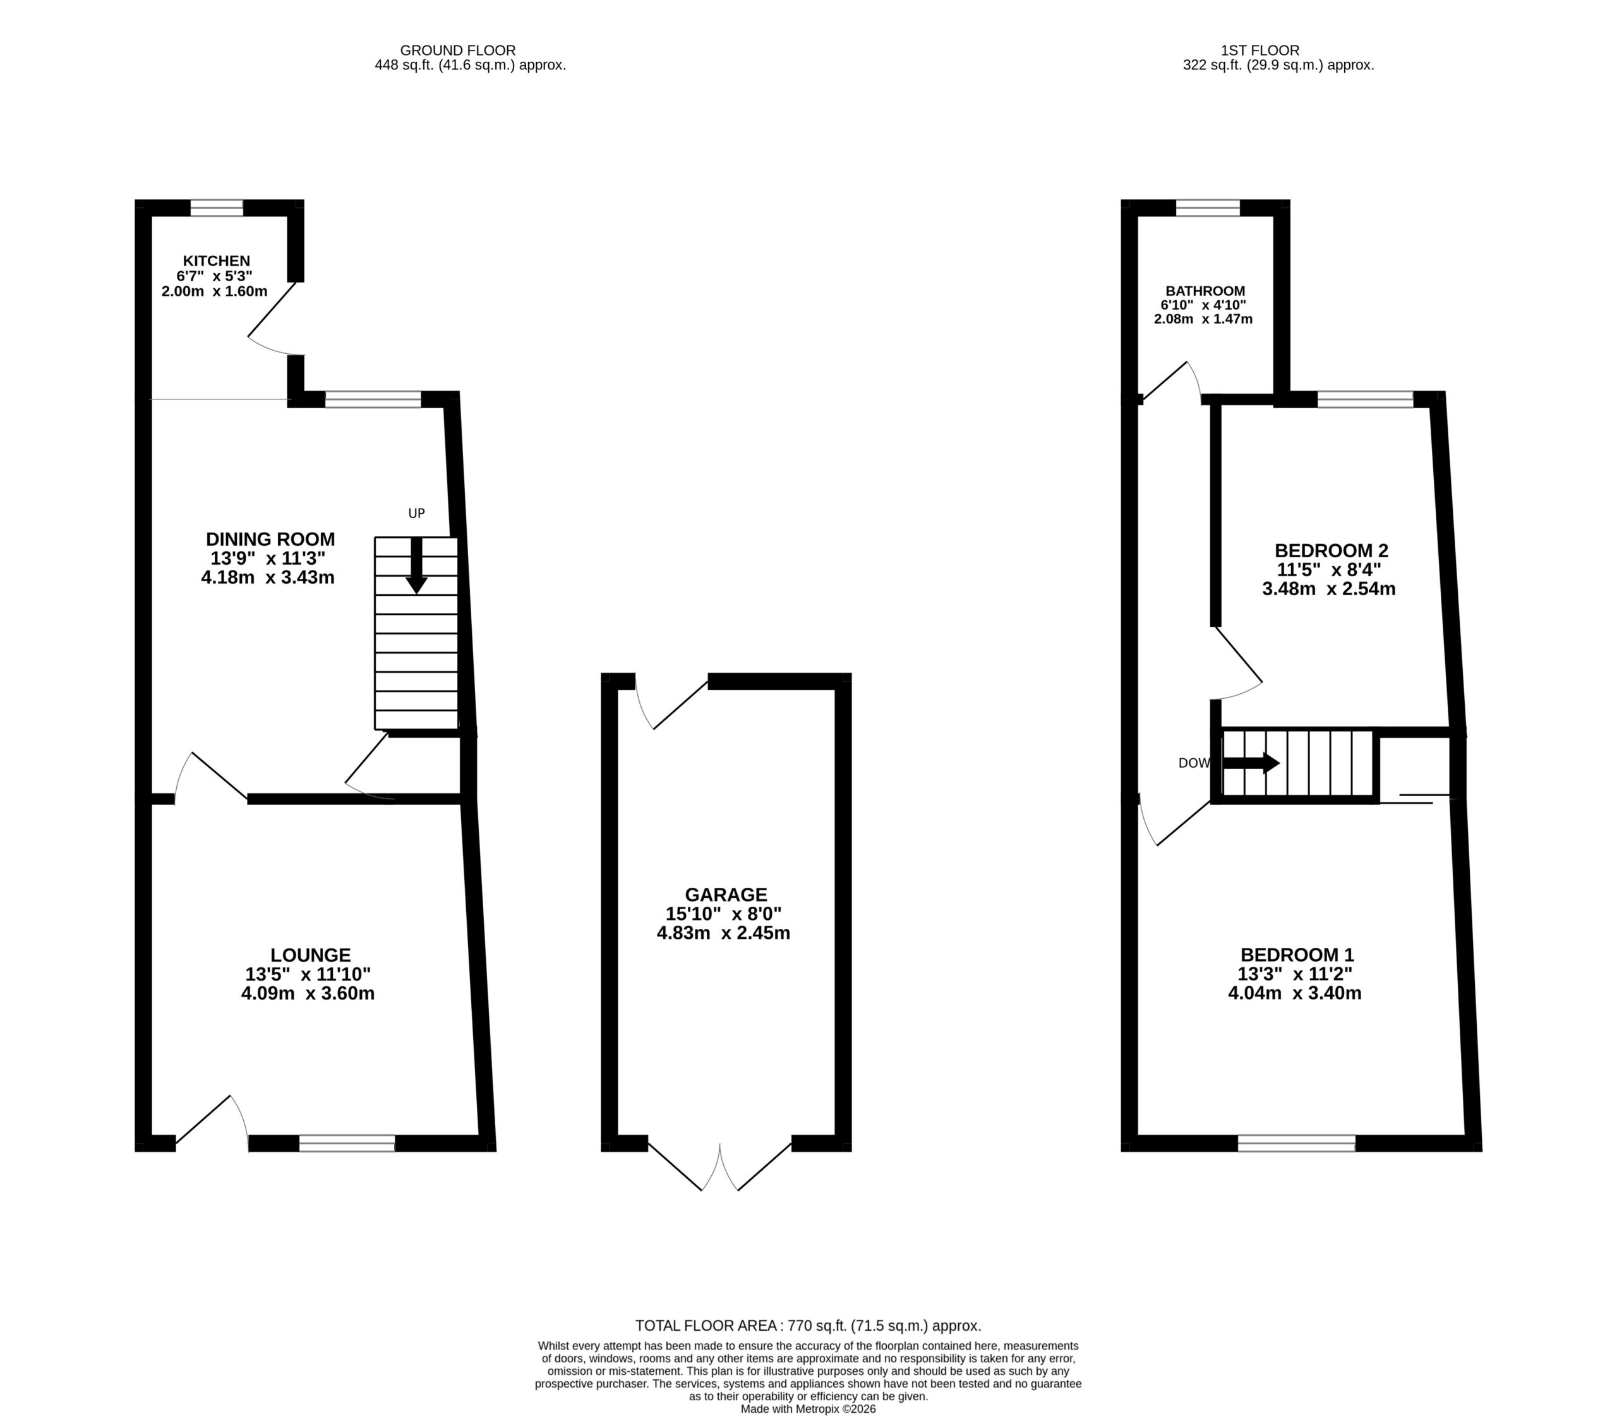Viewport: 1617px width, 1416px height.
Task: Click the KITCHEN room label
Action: click(x=217, y=261)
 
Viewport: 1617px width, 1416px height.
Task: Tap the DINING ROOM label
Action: click(x=270, y=539)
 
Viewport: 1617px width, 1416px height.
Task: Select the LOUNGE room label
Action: click(x=310, y=955)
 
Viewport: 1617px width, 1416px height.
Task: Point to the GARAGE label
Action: click(x=725, y=895)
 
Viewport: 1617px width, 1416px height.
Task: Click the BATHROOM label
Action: click(x=1205, y=291)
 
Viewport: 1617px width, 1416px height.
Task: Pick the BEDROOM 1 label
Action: click(x=1296, y=955)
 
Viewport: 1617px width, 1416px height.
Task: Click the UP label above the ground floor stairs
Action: click(x=416, y=514)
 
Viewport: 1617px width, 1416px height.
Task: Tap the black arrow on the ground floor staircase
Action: click(x=416, y=566)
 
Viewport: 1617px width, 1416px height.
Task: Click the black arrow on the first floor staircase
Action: click(x=1251, y=763)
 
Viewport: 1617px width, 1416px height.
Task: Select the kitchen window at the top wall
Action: click(x=217, y=208)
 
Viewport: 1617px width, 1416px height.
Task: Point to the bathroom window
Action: click(x=1208, y=208)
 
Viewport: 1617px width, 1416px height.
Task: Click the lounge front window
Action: click(x=347, y=1142)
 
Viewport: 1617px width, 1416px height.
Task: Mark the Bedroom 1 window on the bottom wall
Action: click(x=1296, y=1142)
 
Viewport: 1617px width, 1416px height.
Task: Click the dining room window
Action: click(x=373, y=399)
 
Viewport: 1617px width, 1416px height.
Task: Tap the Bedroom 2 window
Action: click(x=1365, y=399)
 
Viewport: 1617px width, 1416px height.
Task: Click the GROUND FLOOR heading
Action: click(x=458, y=51)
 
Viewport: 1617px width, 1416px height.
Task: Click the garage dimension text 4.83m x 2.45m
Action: click(x=724, y=933)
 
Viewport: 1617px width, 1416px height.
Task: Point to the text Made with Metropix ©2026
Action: click(x=808, y=1408)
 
